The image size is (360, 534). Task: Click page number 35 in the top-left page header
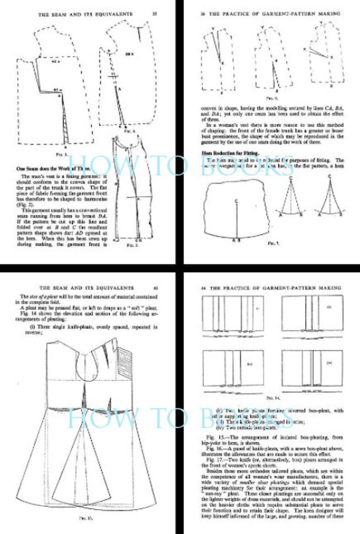pos(155,14)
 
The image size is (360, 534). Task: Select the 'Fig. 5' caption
pos(131,245)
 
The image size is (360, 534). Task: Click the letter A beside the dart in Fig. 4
pos(119,90)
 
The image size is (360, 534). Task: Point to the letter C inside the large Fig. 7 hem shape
pos(236,200)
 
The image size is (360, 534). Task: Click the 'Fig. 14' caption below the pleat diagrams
pos(272,398)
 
